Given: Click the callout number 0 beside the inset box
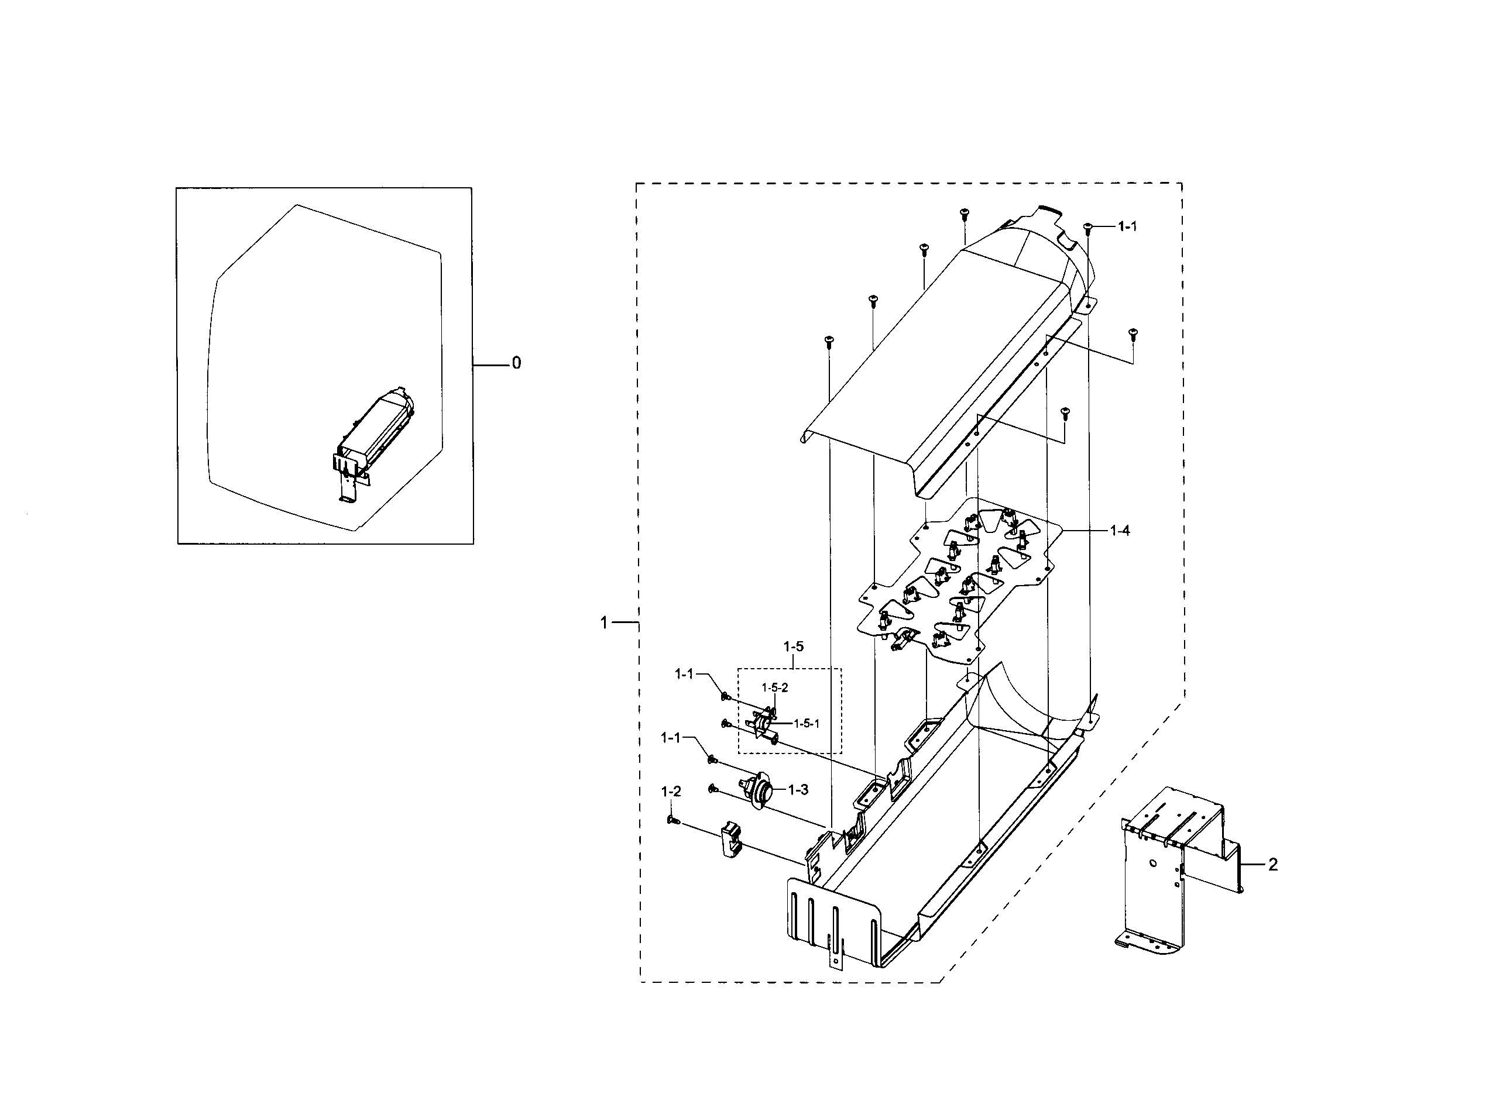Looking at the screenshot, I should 516,363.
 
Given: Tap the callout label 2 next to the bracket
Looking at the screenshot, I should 1272,865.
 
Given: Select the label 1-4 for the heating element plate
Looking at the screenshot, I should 1119,531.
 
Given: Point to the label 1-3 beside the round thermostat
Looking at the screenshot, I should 798,790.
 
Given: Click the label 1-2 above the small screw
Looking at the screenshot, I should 671,792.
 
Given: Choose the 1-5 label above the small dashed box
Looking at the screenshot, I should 793,646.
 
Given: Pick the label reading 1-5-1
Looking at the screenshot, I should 807,724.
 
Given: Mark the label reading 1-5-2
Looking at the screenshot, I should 774,687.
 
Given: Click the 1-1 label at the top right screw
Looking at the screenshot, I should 1127,226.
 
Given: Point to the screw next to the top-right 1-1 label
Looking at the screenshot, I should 1087,228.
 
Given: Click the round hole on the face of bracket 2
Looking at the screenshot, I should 1152,863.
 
